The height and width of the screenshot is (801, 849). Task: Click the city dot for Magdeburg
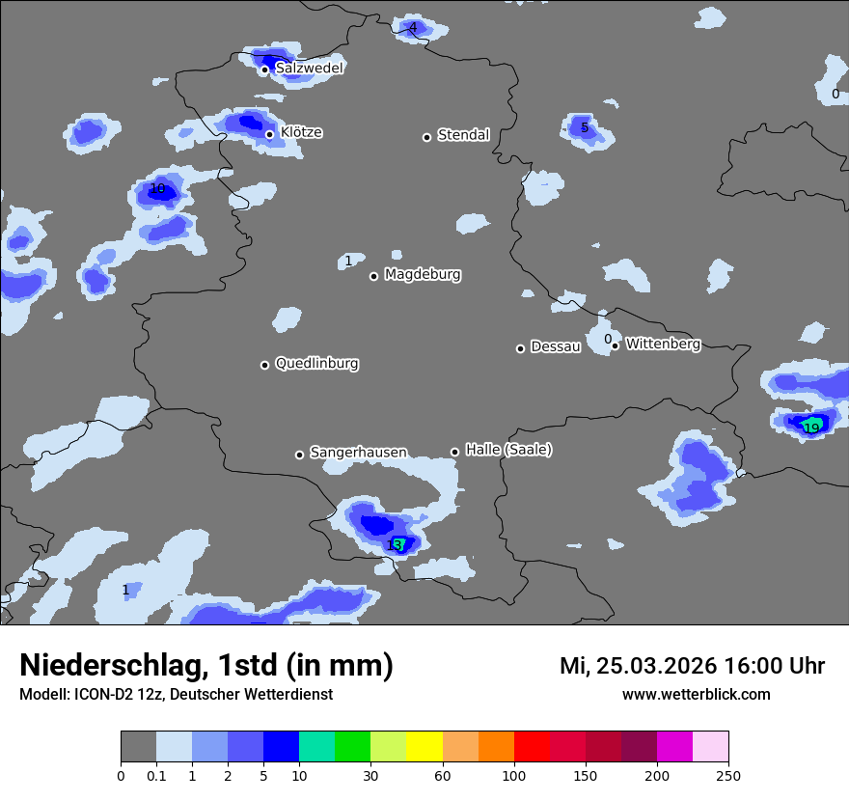point(373,276)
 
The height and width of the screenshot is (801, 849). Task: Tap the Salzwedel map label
point(309,69)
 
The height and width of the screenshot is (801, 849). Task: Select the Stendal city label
point(463,135)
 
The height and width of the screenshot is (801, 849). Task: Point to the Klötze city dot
point(270,134)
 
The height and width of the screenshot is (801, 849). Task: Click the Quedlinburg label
point(316,364)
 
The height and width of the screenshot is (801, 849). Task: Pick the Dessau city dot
point(520,348)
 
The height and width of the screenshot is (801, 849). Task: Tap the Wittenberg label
point(663,344)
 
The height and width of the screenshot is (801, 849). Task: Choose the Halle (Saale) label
point(508,450)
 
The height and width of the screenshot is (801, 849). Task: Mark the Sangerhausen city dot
point(299,455)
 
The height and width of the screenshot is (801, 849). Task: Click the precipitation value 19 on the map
point(811,428)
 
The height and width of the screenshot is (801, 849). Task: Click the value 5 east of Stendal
point(585,127)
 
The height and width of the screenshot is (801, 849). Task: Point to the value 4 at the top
point(413,27)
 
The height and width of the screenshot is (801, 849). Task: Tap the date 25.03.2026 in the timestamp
point(656,666)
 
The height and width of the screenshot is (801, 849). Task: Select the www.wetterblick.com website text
point(696,694)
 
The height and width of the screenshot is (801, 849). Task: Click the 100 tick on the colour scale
point(513,775)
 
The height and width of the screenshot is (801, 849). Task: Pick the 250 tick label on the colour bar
point(727,775)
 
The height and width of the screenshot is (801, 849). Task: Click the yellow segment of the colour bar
point(424,747)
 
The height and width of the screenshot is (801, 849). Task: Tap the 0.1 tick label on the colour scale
point(156,775)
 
